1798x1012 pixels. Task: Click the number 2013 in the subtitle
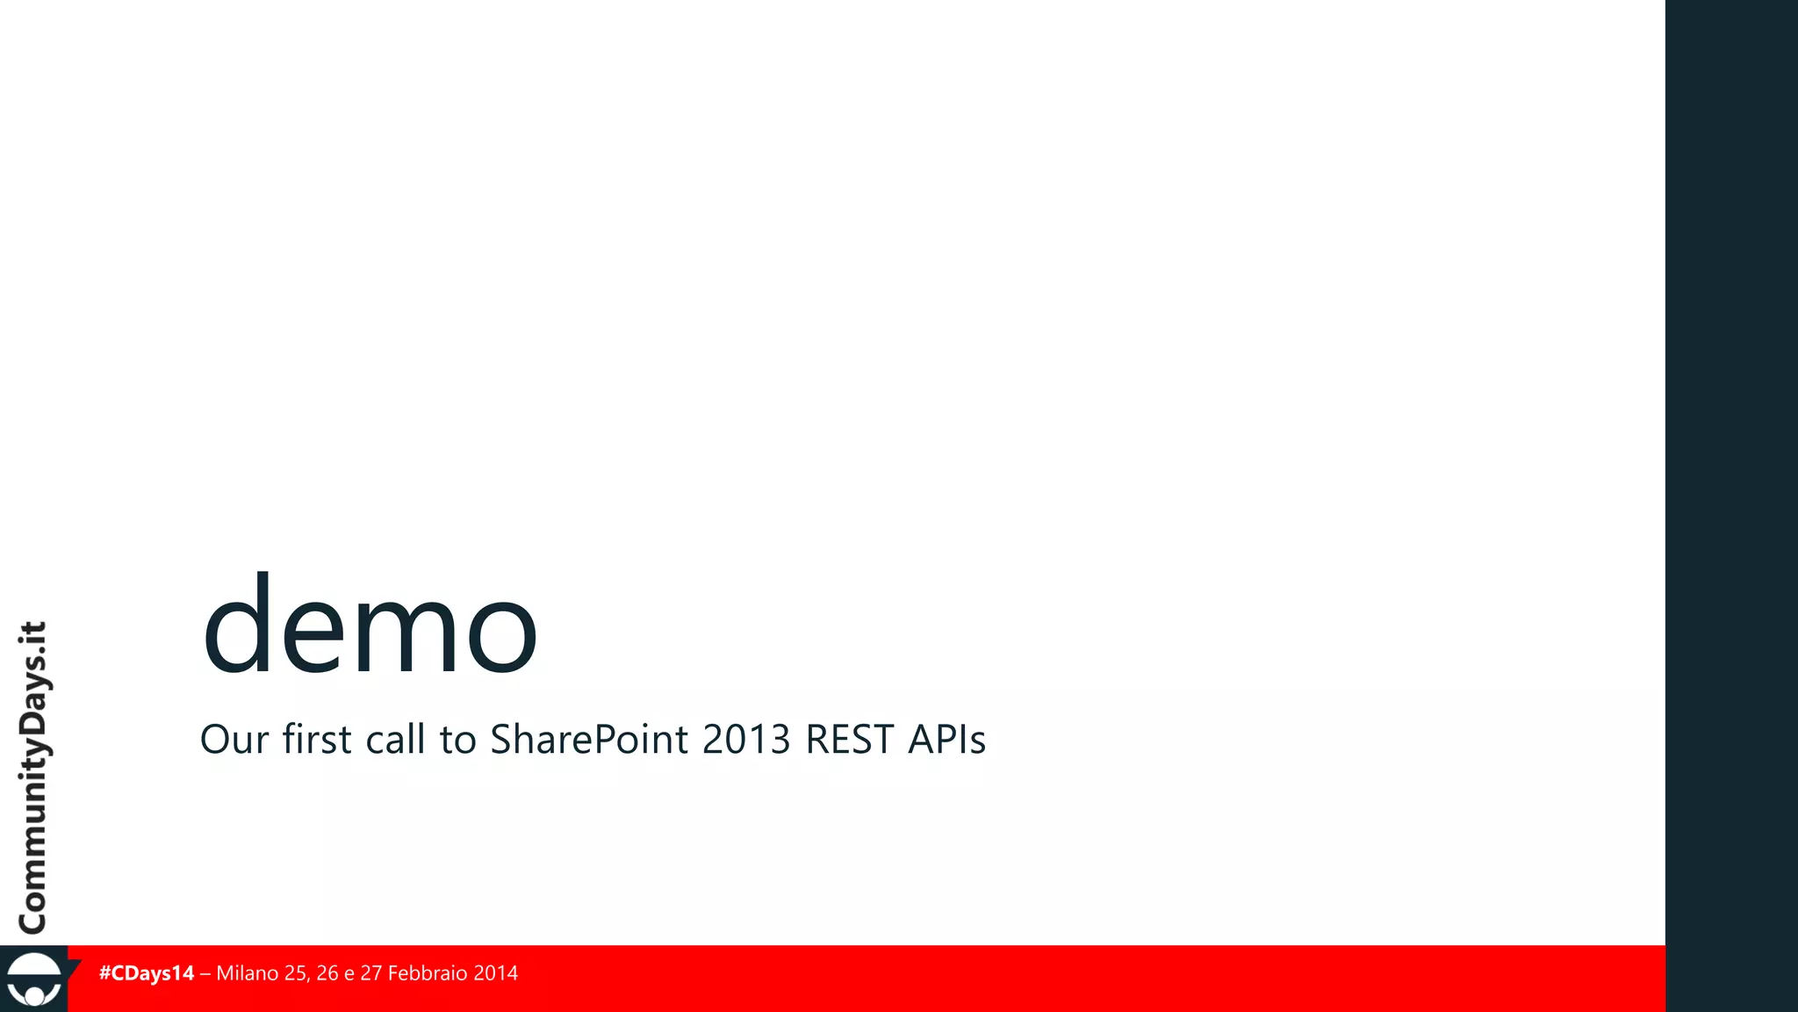click(x=746, y=740)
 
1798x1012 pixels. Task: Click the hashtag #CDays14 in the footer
click(x=147, y=973)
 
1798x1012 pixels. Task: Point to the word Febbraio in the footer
click(x=427, y=973)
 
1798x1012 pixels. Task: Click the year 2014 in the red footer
click(x=495, y=973)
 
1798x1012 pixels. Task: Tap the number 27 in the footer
click(x=371, y=973)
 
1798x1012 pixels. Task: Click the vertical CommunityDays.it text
click(x=33, y=777)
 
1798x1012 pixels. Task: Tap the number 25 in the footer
click(x=297, y=973)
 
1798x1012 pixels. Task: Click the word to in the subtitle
click(x=457, y=740)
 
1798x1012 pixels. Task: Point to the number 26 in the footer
click(x=327, y=973)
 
